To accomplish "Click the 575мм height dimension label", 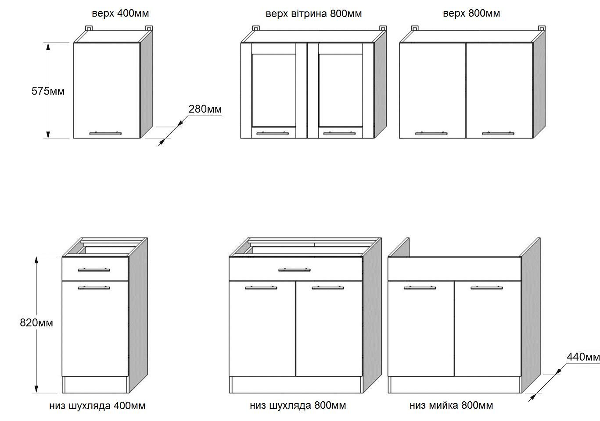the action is [x=48, y=91].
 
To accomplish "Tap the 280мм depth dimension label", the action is [x=205, y=109].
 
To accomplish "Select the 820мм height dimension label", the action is [x=36, y=322].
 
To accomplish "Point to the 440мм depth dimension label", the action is [x=583, y=357].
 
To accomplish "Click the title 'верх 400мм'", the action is [x=120, y=14].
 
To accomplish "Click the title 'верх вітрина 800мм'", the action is [x=314, y=14].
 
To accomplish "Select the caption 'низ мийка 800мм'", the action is [x=451, y=406].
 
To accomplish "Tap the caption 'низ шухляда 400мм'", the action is [x=97, y=406].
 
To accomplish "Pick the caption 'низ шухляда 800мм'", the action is [x=298, y=406].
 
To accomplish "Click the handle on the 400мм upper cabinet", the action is [x=105, y=133].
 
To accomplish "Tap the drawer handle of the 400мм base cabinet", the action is [x=94, y=270].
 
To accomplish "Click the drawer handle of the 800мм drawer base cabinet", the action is [x=295, y=270].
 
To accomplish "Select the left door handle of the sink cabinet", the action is [x=420, y=288].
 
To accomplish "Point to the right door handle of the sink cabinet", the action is [x=486, y=288].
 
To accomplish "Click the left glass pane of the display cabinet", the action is [x=274, y=90].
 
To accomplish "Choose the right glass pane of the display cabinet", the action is [x=341, y=90].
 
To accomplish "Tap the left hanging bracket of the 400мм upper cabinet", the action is [x=89, y=28].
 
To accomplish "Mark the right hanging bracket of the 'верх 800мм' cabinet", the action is [x=542, y=28].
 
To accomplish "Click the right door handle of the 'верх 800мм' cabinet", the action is [x=498, y=133].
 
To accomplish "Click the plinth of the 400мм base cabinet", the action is [x=96, y=385].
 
